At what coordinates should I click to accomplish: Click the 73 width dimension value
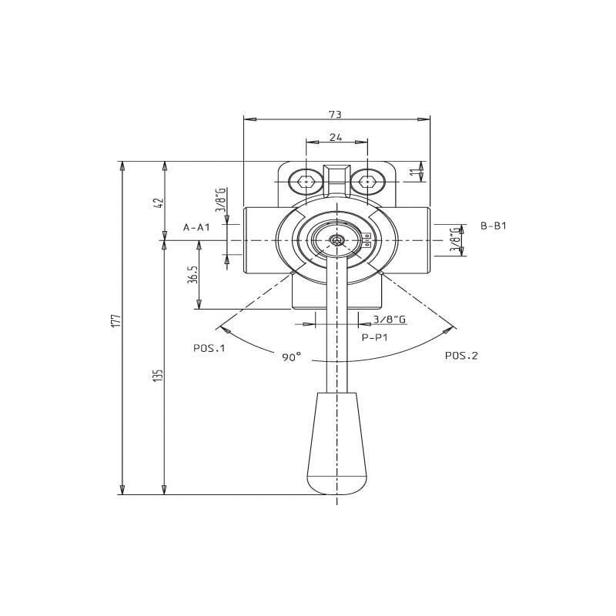[x=335, y=114]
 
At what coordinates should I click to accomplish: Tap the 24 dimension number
[x=336, y=137]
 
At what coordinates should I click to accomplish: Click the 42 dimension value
[x=159, y=203]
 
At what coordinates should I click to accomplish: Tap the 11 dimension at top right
[x=413, y=172]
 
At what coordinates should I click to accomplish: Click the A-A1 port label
[x=196, y=227]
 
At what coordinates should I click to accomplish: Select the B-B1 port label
[x=494, y=226]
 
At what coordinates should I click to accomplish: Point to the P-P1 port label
[x=374, y=337]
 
